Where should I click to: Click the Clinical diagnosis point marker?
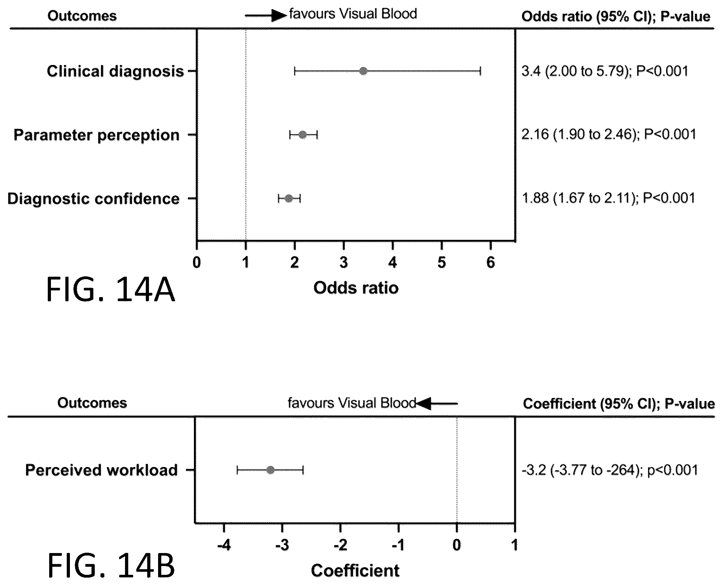pyautogui.click(x=363, y=71)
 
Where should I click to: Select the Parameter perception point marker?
pyautogui.click(x=303, y=134)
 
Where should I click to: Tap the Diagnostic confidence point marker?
pyautogui.click(x=289, y=198)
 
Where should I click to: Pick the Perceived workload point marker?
pyautogui.click(x=270, y=470)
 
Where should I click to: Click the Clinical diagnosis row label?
pyautogui.click(x=115, y=71)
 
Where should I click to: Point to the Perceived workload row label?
pyautogui.click(x=102, y=470)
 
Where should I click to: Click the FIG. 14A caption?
pyautogui.click(x=110, y=290)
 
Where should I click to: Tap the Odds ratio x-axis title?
pyautogui.click(x=356, y=288)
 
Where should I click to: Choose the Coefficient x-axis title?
pyautogui.click(x=355, y=571)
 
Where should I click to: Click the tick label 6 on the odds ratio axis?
pyautogui.click(x=490, y=262)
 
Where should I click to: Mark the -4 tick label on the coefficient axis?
pyautogui.click(x=224, y=545)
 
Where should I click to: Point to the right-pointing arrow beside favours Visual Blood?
pyautogui.click(x=266, y=15)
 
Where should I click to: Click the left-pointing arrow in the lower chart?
pyautogui.click(x=437, y=403)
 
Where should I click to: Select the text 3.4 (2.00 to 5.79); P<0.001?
pyautogui.click(x=605, y=71)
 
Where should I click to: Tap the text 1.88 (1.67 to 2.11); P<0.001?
pyautogui.click(x=608, y=198)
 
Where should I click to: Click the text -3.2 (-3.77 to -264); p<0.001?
pyautogui.click(x=610, y=470)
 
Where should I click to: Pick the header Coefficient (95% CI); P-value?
pyautogui.click(x=619, y=403)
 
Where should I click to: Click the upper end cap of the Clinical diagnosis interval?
pyautogui.click(x=480, y=71)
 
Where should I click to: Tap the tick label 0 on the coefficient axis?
pyautogui.click(x=456, y=545)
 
